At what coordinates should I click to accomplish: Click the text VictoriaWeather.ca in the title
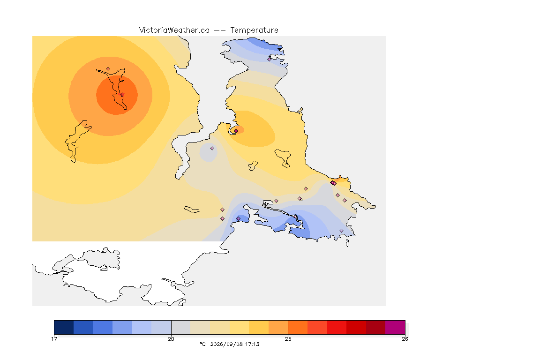click(174, 30)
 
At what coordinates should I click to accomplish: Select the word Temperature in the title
click(254, 30)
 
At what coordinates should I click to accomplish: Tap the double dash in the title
click(220, 30)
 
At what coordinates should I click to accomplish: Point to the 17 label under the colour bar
click(54, 339)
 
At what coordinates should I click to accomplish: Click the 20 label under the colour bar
click(171, 339)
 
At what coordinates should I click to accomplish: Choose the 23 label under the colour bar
click(288, 339)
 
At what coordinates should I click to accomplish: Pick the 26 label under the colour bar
click(405, 339)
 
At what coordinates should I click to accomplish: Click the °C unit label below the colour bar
click(202, 344)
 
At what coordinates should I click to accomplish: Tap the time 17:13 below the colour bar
click(252, 344)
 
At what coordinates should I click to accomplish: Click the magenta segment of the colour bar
click(395, 327)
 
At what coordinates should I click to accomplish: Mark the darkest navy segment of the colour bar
click(64, 327)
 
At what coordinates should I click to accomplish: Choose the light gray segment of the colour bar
click(181, 327)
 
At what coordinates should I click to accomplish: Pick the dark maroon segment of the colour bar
click(376, 327)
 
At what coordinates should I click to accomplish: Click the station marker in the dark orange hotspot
click(122, 94)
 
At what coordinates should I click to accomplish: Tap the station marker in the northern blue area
click(270, 59)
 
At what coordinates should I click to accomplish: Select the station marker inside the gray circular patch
click(212, 149)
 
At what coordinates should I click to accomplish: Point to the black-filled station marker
click(332, 183)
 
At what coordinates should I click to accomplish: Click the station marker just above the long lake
click(108, 69)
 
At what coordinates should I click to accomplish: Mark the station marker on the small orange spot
click(236, 131)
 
